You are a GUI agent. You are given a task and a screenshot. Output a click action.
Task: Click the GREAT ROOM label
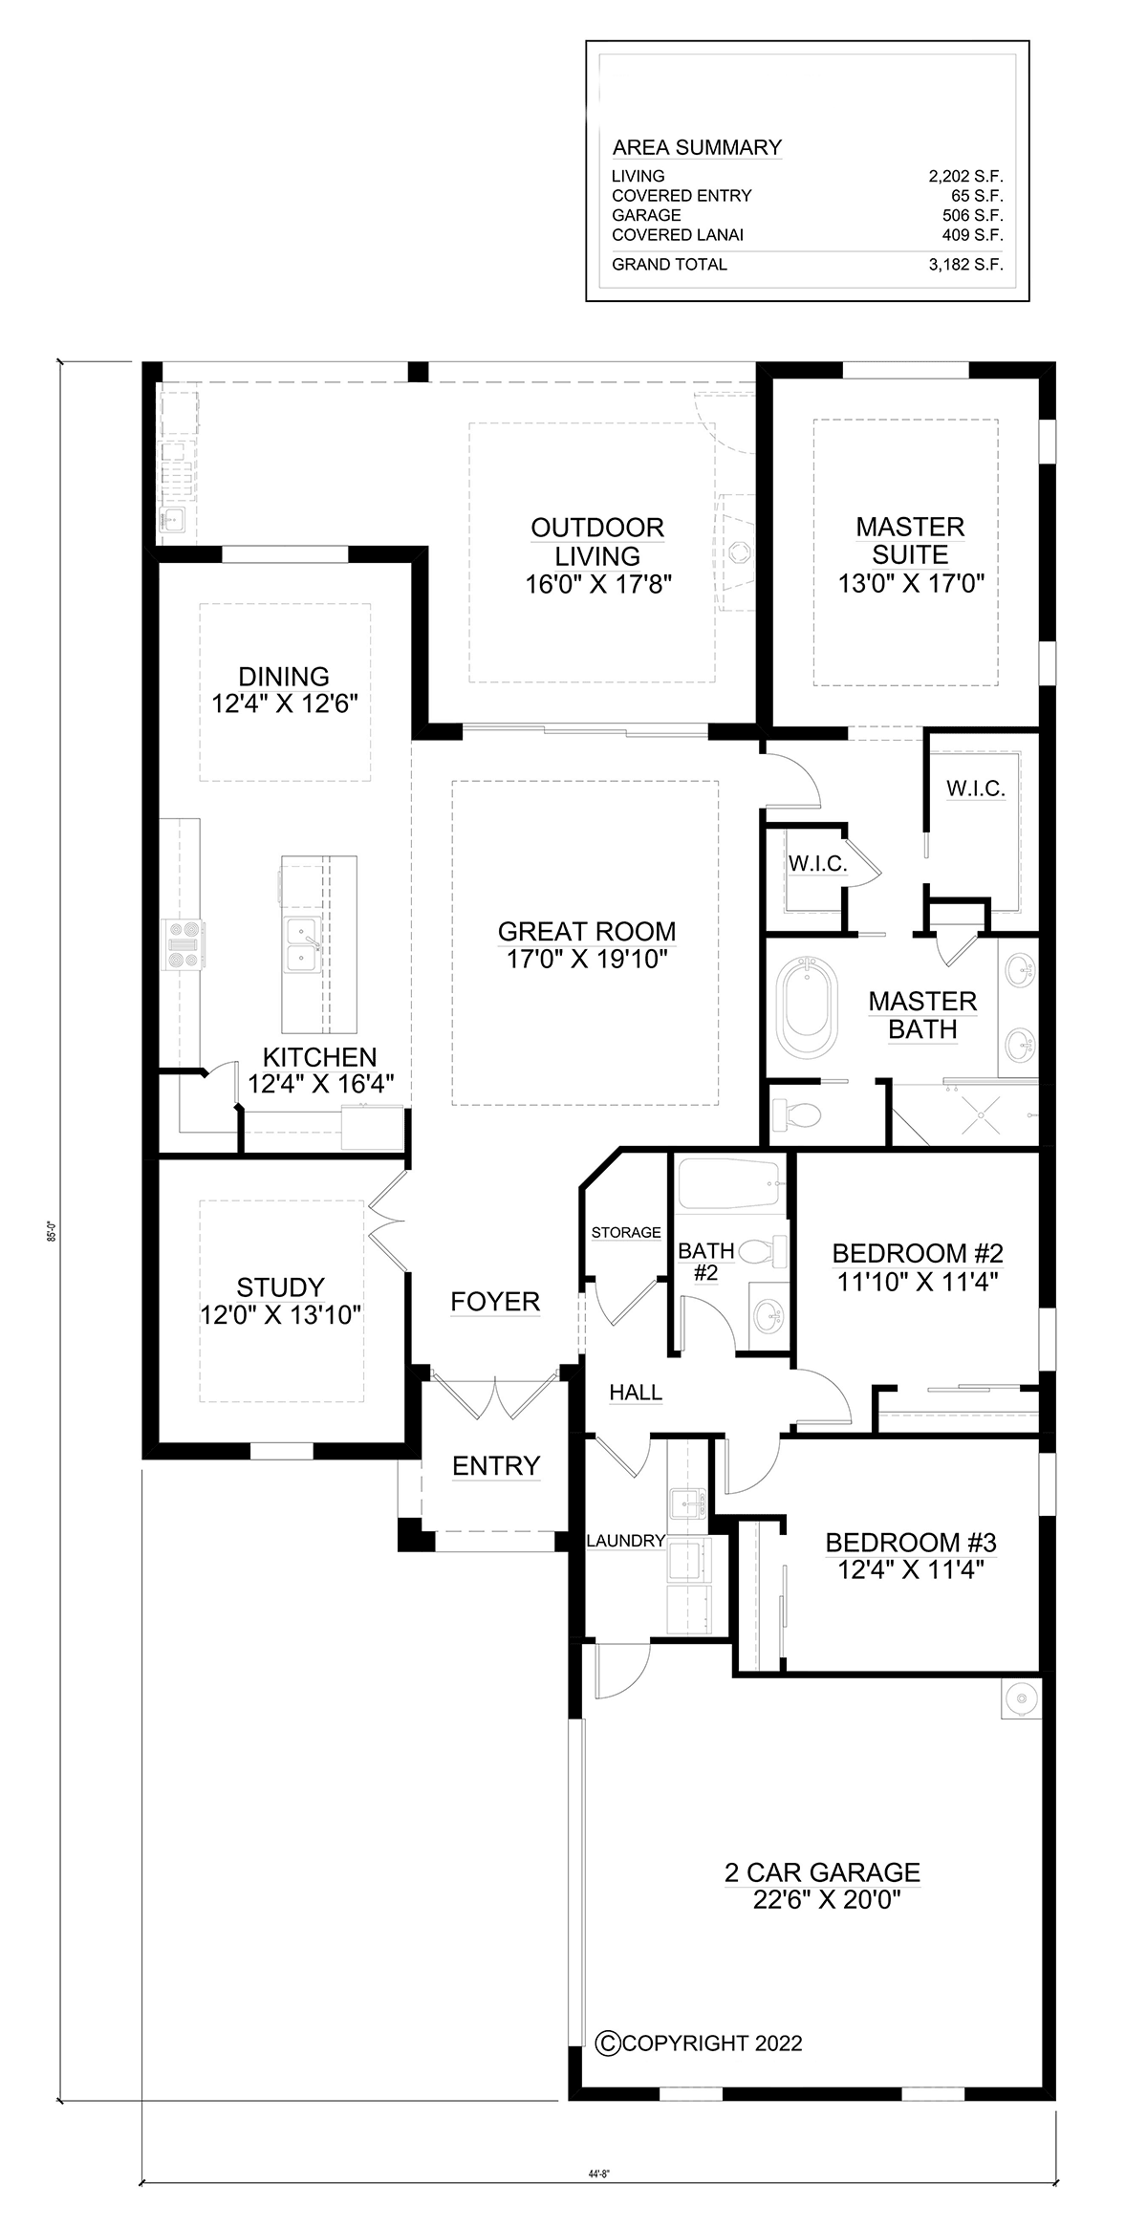[587, 931]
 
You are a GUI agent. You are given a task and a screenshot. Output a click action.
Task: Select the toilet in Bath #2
[763, 1252]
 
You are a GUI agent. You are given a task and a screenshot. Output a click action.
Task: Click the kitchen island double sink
[305, 941]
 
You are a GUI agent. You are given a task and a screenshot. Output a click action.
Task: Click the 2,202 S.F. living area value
[965, 176]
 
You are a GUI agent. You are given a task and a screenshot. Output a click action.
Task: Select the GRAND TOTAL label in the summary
[669, 265]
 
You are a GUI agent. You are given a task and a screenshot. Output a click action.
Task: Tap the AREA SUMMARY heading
[697, 147]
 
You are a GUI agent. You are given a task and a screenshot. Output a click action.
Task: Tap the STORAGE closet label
[626, 1232]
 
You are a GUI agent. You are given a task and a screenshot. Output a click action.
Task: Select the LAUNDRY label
[625, 1540]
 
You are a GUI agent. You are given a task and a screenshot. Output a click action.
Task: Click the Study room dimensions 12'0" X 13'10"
[281, 1315]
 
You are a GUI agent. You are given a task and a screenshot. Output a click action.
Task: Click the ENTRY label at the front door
[496, 1465]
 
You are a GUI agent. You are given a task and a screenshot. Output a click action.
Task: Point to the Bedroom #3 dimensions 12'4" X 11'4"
[911, 1569]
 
